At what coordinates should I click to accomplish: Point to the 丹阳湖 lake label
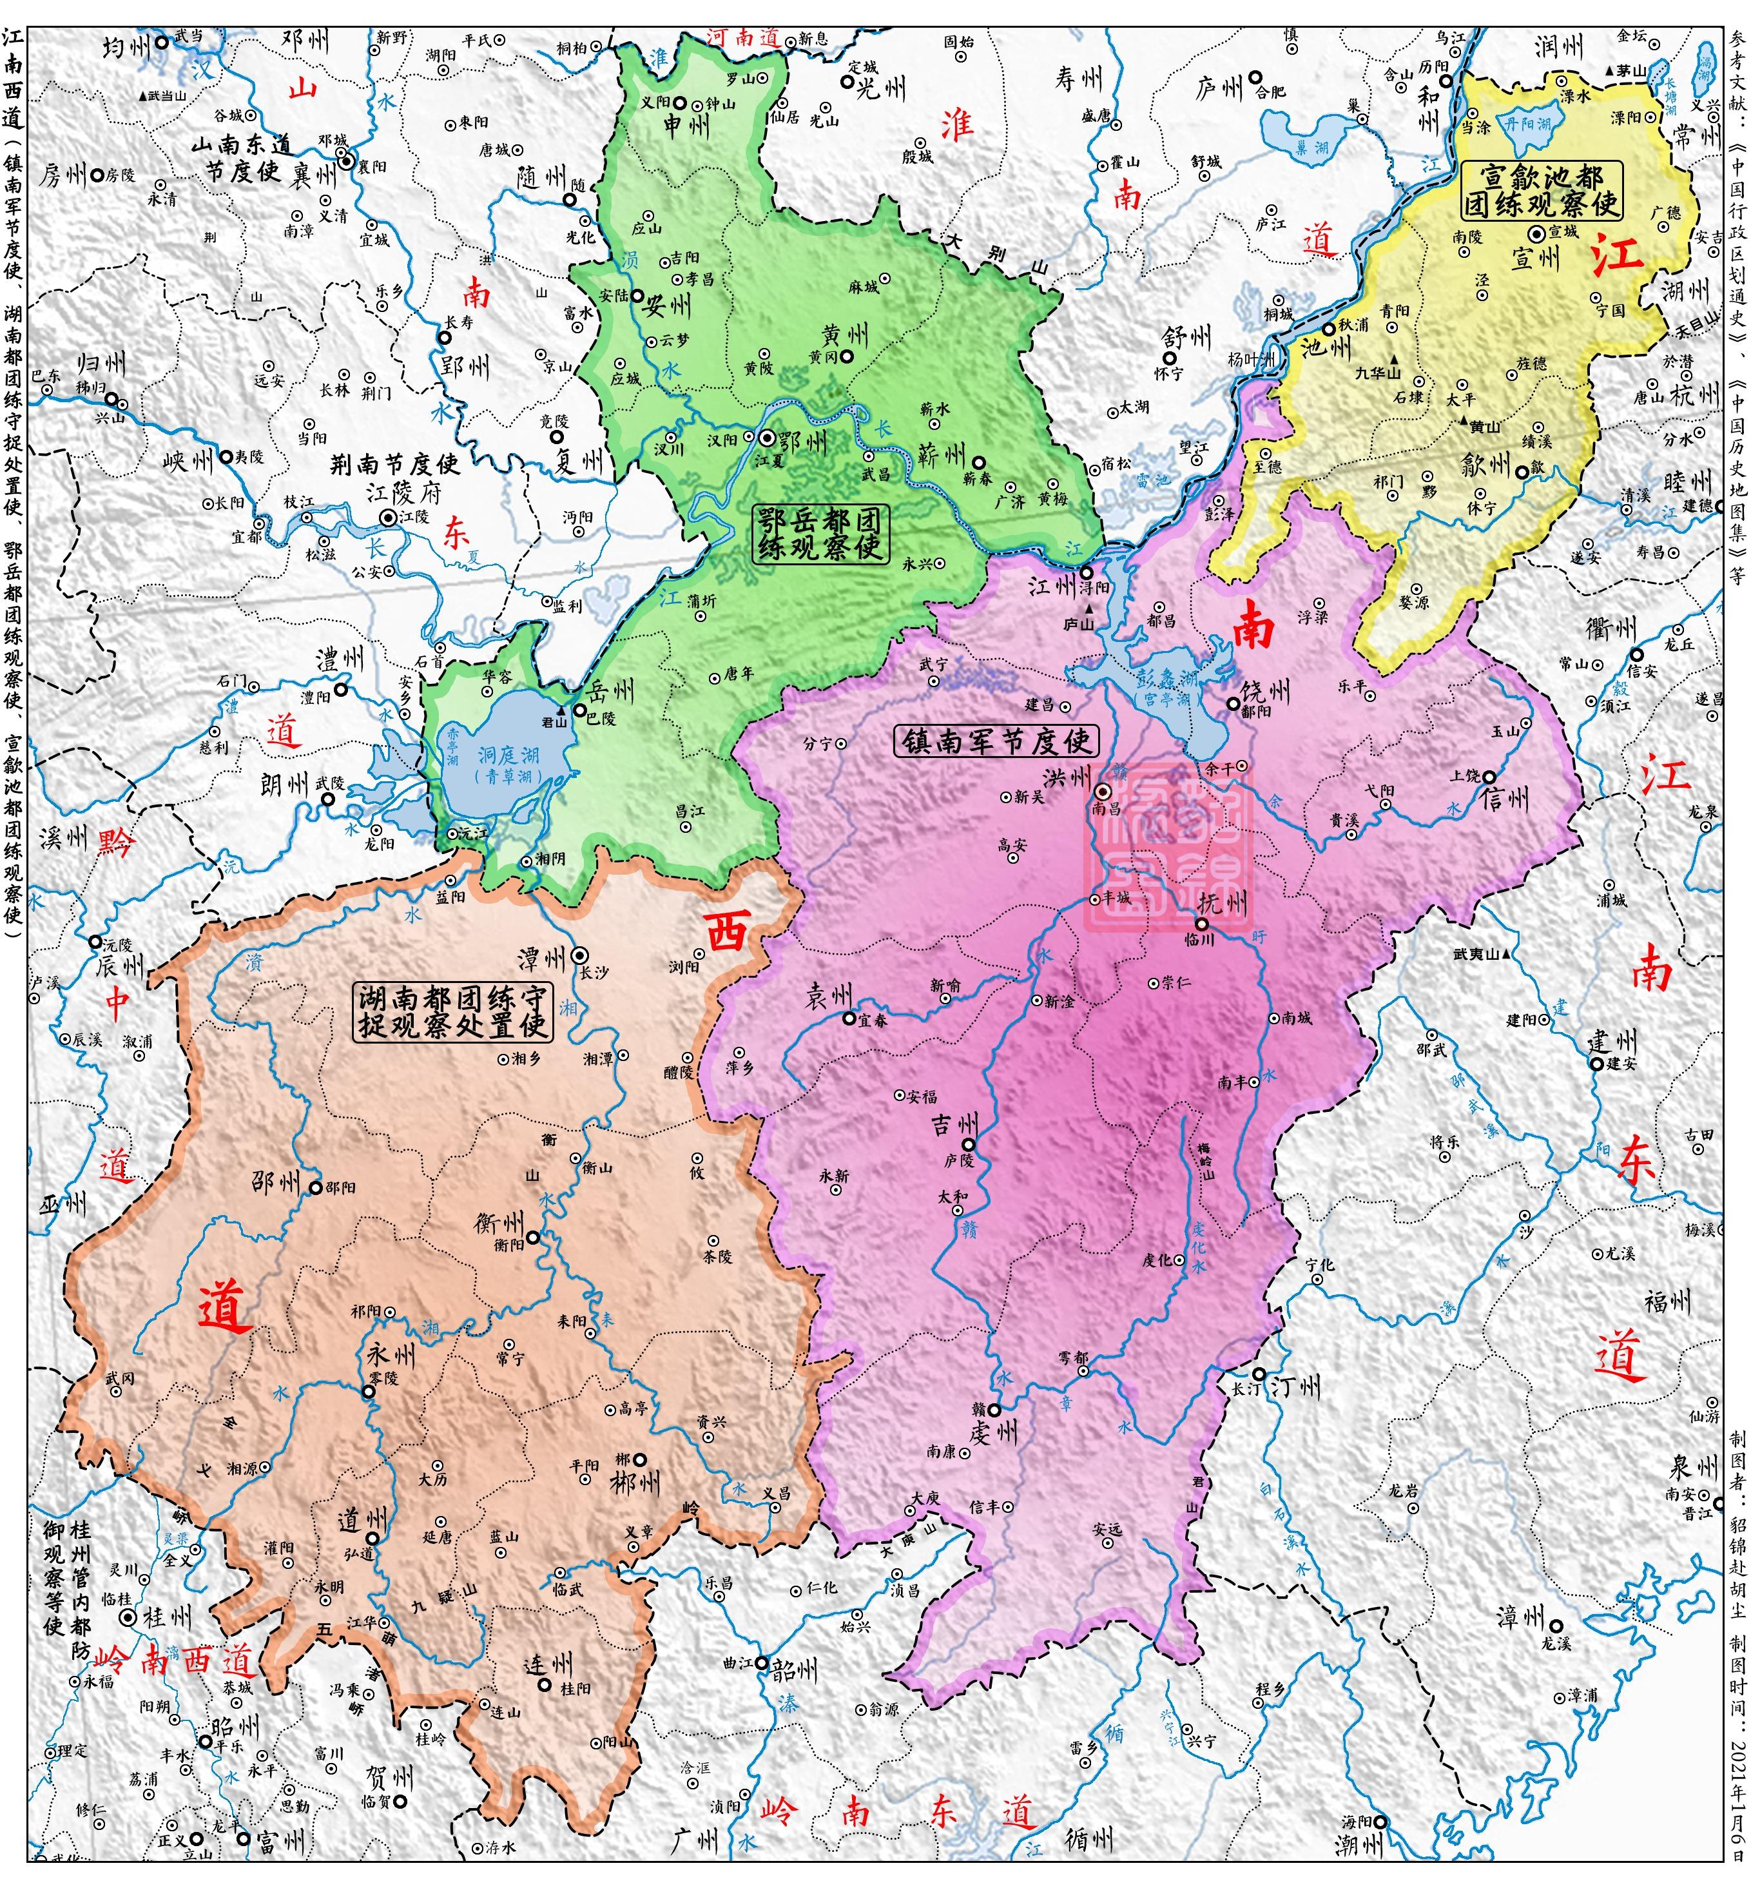point(1527,124)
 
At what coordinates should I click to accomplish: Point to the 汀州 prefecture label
point(1295,1388)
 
